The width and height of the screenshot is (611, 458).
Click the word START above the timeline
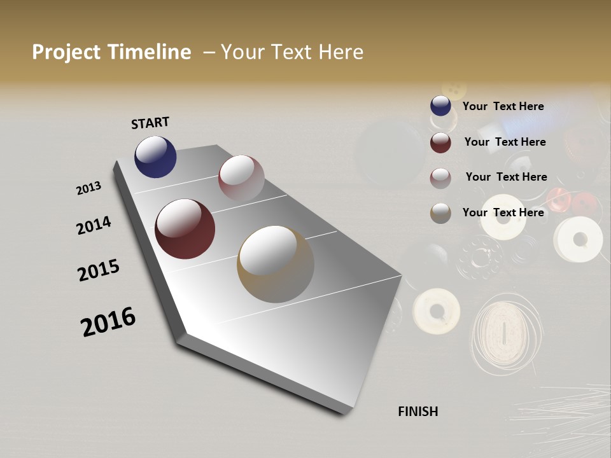point(150,123)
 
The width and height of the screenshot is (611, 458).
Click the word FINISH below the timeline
point(418,412)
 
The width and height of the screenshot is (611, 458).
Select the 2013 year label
point(89,188)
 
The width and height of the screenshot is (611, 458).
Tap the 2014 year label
point(94,225)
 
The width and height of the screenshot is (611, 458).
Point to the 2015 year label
point(99,270)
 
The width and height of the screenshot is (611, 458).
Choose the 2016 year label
point(108,321)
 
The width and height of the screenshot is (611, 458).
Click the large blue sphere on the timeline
point(155,156)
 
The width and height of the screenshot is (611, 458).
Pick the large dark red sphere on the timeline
point(185,229)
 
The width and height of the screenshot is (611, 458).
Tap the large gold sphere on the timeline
point(276,264)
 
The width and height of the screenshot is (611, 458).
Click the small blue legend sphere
point(440,106)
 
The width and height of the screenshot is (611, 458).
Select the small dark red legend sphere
point(440,142)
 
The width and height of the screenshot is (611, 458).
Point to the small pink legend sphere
point(440,178)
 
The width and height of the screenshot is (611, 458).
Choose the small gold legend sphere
point(440,213)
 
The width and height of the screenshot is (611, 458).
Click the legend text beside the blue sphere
point(503,106)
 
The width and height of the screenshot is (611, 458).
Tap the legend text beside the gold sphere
point(503,212)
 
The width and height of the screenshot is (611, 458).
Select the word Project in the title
point(66,52)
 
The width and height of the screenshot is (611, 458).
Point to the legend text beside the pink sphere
point(506,177)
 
